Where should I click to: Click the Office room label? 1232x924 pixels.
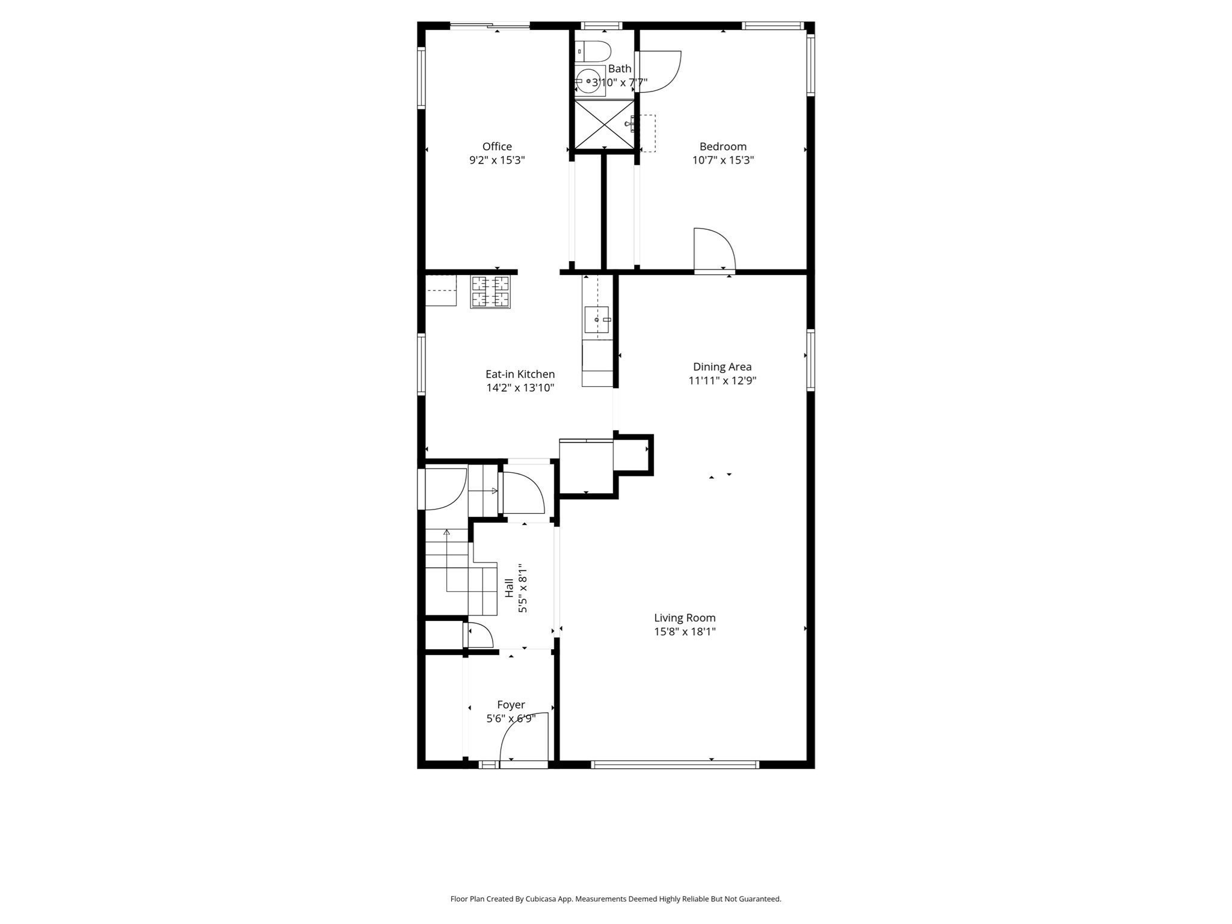pyautogui.click(x=497, y=146)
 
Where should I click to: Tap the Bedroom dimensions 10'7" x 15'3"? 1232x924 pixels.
pyautogui.click(x=723, y=160)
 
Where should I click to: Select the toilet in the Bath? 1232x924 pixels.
pyautogui.click(x=593, y=51)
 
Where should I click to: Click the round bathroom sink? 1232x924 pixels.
pyautogui.click(x=588, y=81)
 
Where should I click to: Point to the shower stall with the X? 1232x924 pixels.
pyautogui.click(x=604, y=124)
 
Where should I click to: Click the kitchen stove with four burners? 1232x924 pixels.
pyautogui.click(x=490, y=292)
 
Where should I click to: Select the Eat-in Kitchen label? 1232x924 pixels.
pyautogui.click(x=520, y=374)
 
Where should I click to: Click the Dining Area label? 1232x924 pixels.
pyautogui.click(x=722, y=366)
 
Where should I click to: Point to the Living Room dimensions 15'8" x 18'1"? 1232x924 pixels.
pyautogui.click(x=685, y=632)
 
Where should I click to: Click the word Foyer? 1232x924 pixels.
pyautogui.click(x=511, y=704)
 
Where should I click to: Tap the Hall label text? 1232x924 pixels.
pyautogui.click(x=510, y=588)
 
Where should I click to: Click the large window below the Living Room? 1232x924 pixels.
pyautogui.click(x=675, y=765)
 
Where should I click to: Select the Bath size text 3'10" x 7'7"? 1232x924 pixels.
pyautogui.click(x=620, y=82)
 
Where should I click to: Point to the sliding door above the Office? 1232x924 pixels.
pyautogui.click(x=490, y=25)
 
